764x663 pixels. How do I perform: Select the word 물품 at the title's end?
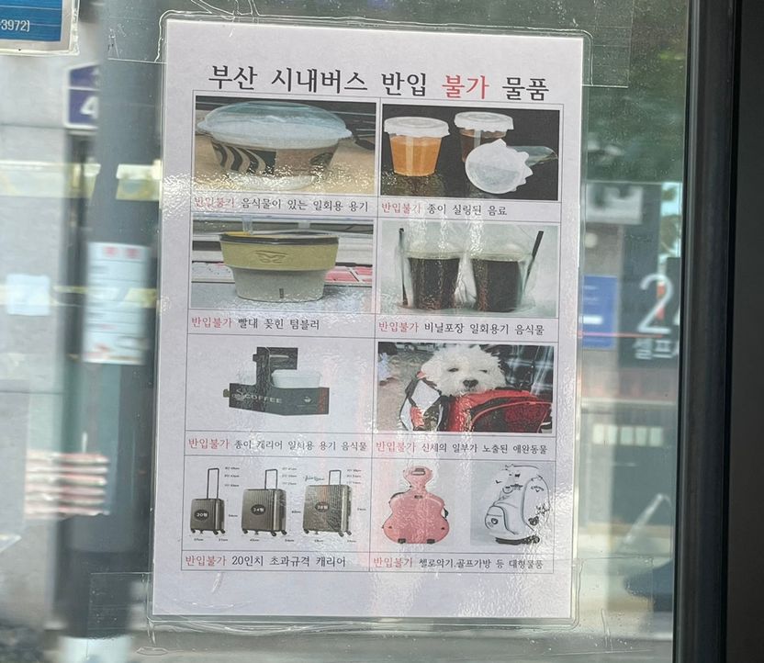(525, 89)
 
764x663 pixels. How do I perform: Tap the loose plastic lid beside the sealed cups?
(497, 167)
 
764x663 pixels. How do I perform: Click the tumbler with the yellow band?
(280, 264)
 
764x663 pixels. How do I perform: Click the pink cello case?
(415, 506)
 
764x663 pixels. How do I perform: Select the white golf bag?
(515, 503)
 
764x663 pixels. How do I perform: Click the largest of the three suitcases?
(327, 504)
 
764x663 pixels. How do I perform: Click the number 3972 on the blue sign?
(16, 25)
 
